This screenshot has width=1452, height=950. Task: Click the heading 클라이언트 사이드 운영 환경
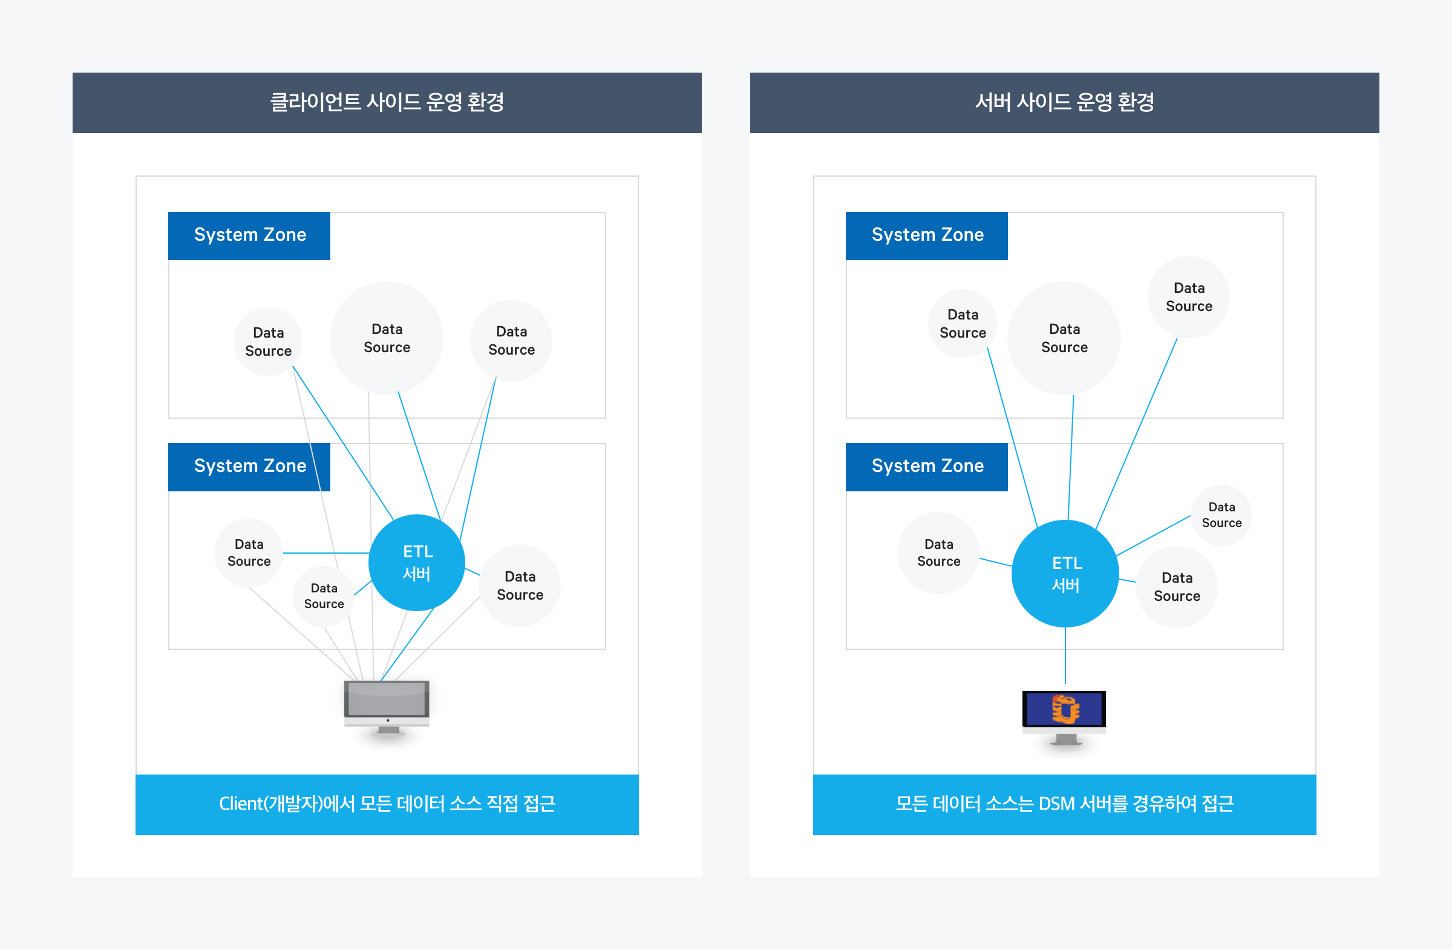click(387, 102)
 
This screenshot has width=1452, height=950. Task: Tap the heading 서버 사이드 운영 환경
click(1064, 102)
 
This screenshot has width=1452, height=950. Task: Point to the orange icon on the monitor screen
click(1065, 709)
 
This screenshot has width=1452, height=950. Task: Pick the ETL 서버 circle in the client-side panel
click(417, 563)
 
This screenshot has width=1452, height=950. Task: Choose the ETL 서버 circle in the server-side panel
click(1065, 574)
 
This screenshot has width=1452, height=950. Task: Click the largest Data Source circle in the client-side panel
click(387, 338)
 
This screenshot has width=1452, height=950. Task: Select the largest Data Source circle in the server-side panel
click(1064, 338)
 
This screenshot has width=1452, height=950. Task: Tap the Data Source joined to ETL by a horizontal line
click(249, 553)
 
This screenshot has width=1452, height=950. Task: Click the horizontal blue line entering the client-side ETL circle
click(326, 553)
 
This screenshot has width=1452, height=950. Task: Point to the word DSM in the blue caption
click(1056, 804)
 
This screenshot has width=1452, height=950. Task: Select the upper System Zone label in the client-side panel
click(249, 235)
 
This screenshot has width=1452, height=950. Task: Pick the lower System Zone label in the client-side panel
click(249, 467)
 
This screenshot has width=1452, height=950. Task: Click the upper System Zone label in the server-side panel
click(927, 235)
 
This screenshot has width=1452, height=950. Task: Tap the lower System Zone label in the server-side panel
click(927, 467)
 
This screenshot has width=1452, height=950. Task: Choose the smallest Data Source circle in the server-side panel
click(1221, 515)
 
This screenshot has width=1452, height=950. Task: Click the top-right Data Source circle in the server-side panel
click(1188, 297)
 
